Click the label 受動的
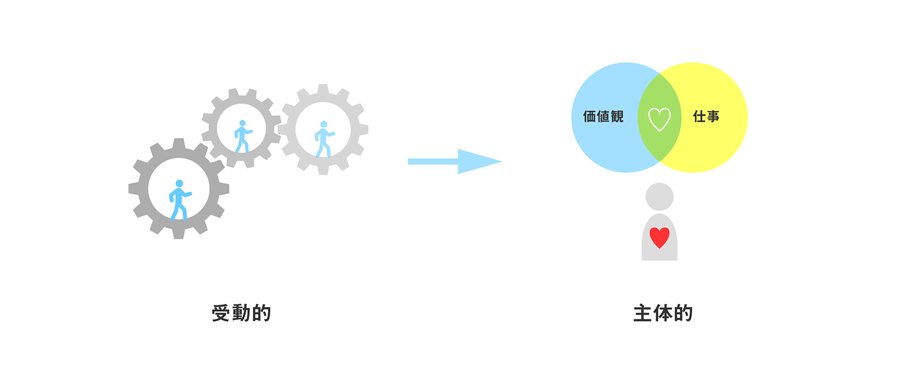pyautogui.click(x=241, y=313)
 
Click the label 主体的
pyautogui.click(x=663, y=313)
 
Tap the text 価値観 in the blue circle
pyautogui.click(x=603, y=116)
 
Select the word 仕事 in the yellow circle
pyautogui.click(x=706, y=116)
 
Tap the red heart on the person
pyautogui.click(x=660, y=237)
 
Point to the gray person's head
pyautogui.click(x=660, y=197)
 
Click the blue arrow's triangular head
pyautogui.click(x=478, y=161)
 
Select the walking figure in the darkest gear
pyautogui.click(x=180, y=200)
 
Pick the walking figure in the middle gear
pyautogui.click(x=243, y=136)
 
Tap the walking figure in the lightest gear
pyautogui.click(x=324, y=139)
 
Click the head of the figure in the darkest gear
pyautogui.click(x=180, y=184)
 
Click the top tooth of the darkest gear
pyautogui.click(x=178, y=143)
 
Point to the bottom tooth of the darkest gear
pyautogui.click(x=178, y=234)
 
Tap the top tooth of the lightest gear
pyautogui.click(x=323, y=89)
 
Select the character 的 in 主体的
pyautogui.click(x=684, y=313)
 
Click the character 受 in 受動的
pyautogui.click(x=221, y=313)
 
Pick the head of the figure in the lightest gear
pyautogui.click(x=324, y=124)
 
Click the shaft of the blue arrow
pyautogui.click(x=433, y=161)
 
